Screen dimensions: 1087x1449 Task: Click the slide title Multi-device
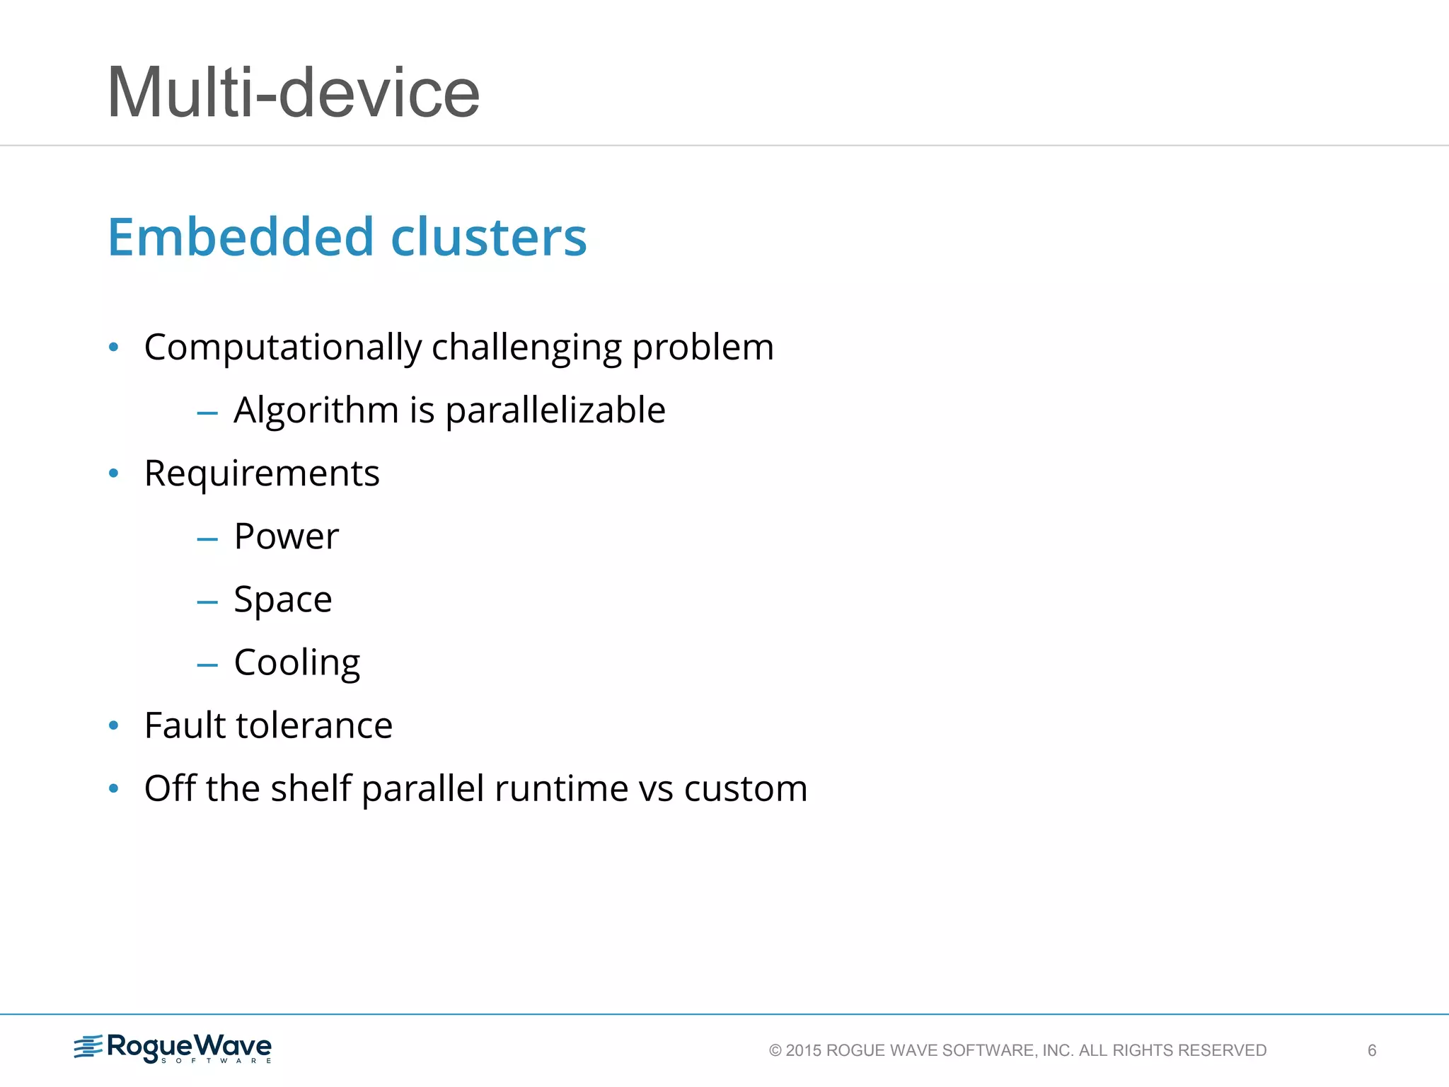point(293,93)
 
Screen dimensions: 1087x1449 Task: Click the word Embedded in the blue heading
point(240,236)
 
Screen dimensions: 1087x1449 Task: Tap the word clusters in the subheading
point(488,236)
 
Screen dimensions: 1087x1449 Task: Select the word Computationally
point(282,347)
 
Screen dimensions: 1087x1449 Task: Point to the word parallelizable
point(555,410)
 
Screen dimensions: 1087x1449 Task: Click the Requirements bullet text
point(262,473)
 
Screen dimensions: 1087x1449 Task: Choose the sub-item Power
point(286,536)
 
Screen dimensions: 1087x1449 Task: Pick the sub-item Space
point(282,600)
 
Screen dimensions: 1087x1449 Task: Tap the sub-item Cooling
point(296,663)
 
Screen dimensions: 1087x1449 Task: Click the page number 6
point(1372,1050)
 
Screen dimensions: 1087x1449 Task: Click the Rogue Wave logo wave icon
point(88,1047)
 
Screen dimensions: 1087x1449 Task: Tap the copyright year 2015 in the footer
point(804,1050)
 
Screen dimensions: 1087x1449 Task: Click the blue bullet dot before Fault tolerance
point(113,725)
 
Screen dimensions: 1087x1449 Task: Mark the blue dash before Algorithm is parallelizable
point(207,413)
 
